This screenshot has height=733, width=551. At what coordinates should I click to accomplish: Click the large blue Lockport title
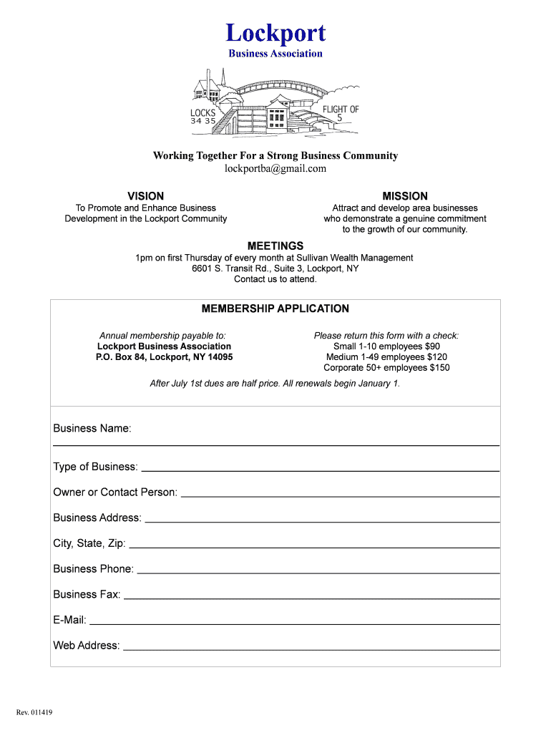pos(275,33)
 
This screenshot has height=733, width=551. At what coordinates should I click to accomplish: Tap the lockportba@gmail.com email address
pos(275,169)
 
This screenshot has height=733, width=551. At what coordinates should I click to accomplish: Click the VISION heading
pos(145,196)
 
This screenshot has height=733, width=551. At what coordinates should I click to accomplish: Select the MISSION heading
pos(405,196)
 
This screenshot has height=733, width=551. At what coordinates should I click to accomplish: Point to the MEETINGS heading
pos(275,246)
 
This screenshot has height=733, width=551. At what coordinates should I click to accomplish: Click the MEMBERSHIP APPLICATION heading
pos(275,309)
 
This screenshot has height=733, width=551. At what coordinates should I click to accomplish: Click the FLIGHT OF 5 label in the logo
pos(341,113)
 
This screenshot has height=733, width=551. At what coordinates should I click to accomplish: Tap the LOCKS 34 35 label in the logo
pos(203,117)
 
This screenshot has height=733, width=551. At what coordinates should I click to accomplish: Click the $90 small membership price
pos(432,346)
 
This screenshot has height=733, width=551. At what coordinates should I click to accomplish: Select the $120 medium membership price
pos(437,357)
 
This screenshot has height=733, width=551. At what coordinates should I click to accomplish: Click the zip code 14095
pos(220,357)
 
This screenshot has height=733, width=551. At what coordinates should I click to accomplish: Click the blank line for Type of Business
pos(320,470)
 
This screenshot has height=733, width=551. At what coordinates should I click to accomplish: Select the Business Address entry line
pos(322,522)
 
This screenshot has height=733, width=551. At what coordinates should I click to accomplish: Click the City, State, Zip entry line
pos(313,548)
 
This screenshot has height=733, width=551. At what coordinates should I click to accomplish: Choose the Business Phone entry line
pos(318,573)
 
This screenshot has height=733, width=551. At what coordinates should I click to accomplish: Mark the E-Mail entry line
pos(294,624)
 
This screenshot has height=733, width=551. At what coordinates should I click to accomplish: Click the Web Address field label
pos(87,646)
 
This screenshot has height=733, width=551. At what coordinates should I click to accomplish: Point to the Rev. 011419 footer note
pos(34,712)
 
